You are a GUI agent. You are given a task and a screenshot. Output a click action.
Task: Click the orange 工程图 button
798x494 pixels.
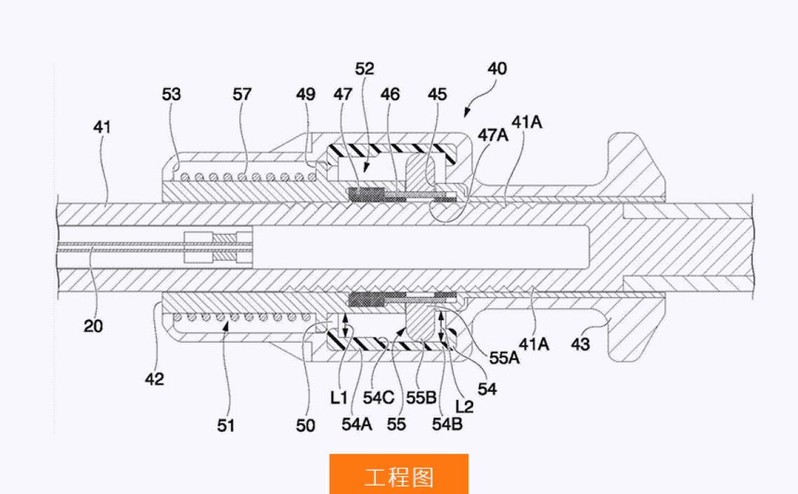tap(398, 476)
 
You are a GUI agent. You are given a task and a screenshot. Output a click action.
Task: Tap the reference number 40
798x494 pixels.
tap(497, 69)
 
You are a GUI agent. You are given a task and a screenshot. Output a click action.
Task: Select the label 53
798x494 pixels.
tap(171, 94)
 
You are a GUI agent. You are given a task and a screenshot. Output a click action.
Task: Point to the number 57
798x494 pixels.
tap(242, 94)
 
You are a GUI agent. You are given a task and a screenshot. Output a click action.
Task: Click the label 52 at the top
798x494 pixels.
tap(365, 69)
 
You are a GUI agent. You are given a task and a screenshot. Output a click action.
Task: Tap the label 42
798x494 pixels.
tap(154, 379)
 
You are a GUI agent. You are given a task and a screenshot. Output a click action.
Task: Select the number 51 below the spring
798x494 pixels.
tap(225, 425)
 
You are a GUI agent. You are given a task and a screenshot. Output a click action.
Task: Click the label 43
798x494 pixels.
tap(580, 344)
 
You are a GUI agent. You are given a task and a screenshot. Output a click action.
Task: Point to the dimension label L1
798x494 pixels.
tap(339, 397)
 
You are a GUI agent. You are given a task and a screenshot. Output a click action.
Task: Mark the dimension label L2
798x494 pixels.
tap(463, 406)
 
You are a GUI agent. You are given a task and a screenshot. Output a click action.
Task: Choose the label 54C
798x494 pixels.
tap(378, 397)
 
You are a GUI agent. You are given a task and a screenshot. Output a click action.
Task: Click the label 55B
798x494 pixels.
tap(422, 397)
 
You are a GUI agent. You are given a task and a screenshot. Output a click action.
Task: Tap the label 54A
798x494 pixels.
tap(357, 423)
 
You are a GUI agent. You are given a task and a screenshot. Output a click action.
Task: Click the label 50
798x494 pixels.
tap(306, 425)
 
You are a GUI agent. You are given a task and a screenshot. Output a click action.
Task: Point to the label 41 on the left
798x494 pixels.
tap(101, 128)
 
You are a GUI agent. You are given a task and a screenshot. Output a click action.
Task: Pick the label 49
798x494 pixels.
tap(305, 94)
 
